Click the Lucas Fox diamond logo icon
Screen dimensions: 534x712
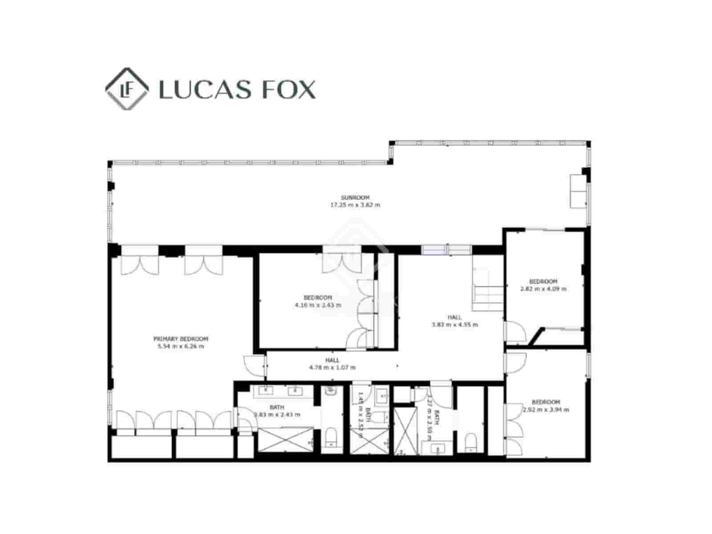pyautogui.click(x=127, y=89)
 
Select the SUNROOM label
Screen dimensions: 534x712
pyautogui.click(x=355, y=198)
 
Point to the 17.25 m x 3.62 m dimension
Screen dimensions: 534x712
pyautogui.click(x=355, y=205)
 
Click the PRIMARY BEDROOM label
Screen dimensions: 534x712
pyautogui.click(x=181, y=339)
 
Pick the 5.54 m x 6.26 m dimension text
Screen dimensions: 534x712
pyautogui.click(x=181, y=346)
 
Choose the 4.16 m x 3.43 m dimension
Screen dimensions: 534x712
pyautogui.click(x=318, y=305)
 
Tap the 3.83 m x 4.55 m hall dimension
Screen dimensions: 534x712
pyautogui.click(x=454, y=324)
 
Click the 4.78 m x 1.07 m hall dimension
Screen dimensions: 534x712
pyautogui.click(x=332, y=368)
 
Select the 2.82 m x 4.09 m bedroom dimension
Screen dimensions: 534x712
pyautogui.click(x=543, y=289)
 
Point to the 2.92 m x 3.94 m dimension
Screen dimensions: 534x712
pyautogui.click(x=546, y=409)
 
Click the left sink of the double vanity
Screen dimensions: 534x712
pyautogui.click(x=267, y=391)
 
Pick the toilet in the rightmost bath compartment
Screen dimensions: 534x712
pyautogui.click(x=471, y=441)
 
